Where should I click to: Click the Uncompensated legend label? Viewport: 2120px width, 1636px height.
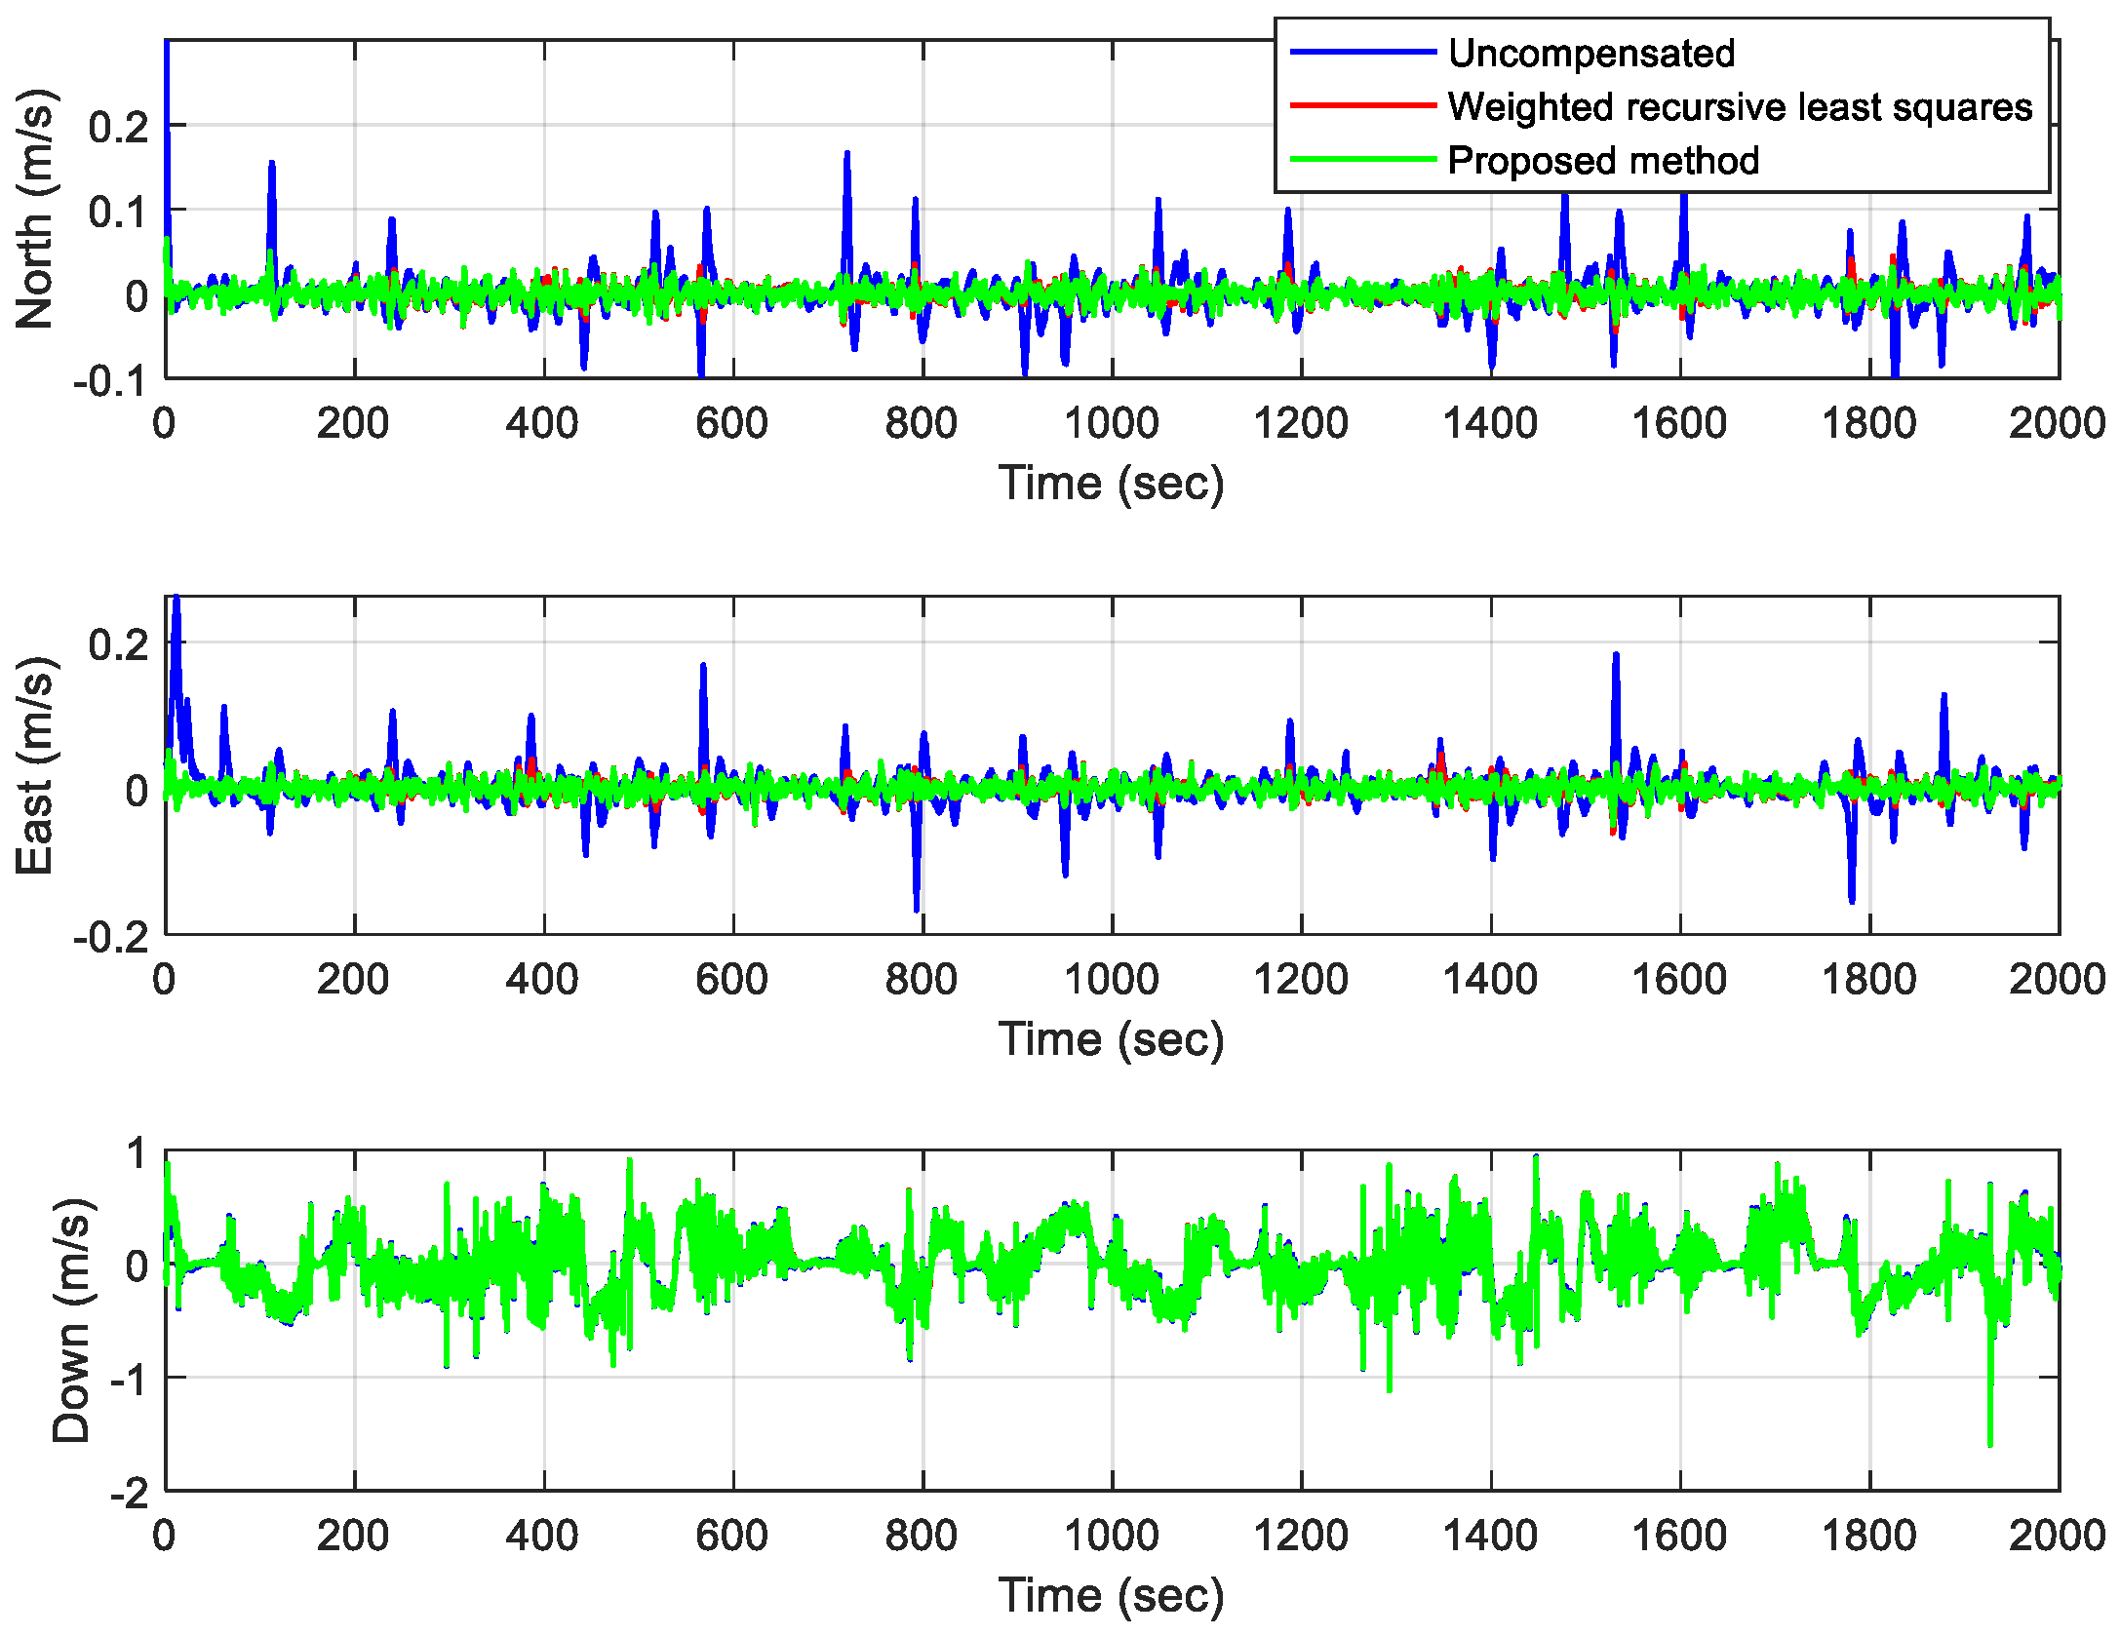tap(1590, 53)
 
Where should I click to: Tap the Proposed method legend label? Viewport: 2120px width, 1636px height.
tap(1603, 160)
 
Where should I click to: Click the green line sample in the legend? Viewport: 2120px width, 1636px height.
tap(1362, 160)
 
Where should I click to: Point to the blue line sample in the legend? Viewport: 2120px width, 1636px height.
tap(1362, 52)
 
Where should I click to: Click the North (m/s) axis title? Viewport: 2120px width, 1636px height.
tap(35, 209)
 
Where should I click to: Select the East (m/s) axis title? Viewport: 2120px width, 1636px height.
tap(35, 765)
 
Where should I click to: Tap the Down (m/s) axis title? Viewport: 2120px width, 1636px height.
tap(70, 1320)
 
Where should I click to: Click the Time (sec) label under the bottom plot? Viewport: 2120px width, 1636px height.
tap(1111, 1595)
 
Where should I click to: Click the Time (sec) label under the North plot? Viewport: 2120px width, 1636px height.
tap(1111, 483)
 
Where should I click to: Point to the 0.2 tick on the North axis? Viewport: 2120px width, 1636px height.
tap(117, 126)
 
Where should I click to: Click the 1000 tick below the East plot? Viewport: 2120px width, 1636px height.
tap(1111, 979)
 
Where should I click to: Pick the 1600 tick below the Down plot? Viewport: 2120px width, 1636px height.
tap(1679, 1536)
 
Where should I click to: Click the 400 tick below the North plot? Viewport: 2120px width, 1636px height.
tap(542, 423)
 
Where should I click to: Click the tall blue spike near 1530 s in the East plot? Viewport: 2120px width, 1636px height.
tap(1616, 657)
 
